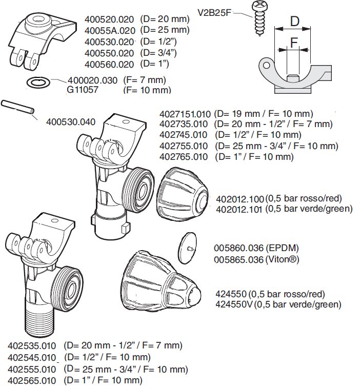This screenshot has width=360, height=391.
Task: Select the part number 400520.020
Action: (x=109, y=19)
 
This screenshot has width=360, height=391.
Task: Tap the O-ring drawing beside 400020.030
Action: (x=38, y=82)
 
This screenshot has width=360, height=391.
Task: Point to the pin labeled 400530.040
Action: (x=17, y=107)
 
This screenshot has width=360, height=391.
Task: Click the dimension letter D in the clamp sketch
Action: (x=295, y=21)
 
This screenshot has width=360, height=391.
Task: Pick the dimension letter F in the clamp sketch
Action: (x=294, y=43)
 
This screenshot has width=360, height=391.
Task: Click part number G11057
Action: (x=83, y=90)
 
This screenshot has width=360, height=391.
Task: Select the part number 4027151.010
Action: (x=185, y=114)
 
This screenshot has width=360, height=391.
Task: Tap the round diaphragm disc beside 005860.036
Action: (x=188, y=248)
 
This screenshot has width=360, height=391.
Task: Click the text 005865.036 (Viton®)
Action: (x=256, y=260)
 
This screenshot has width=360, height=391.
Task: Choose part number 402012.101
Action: (x=239, y=210)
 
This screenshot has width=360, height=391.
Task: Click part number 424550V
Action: (x=234, y=304)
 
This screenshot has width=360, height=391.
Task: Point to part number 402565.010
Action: (x=32, y=381)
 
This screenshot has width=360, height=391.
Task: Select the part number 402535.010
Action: (x=32, y=346)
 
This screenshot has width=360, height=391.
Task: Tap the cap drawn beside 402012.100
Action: (x=183, y=192)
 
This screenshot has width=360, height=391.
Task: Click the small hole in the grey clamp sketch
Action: (x=267, y=66)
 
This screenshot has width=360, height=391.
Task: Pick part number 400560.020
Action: (x=109, y=65)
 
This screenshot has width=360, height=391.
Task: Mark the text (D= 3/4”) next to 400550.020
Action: (x=158, y=53)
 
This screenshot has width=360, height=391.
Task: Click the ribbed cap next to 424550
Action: (x=161, y=281)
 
